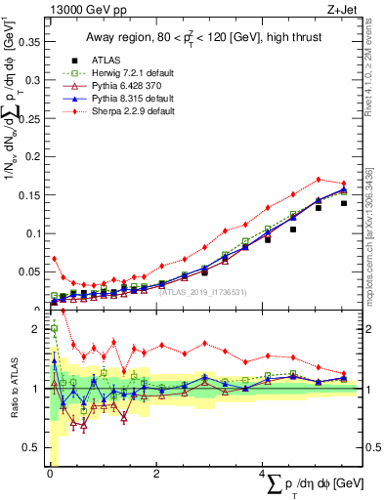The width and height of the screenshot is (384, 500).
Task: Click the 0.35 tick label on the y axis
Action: pyautogui.click(x=29, y=42)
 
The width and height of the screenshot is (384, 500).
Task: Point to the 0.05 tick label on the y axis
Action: pyautogui.click(x=29, y=271)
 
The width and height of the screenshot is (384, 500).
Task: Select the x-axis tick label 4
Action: pyautogui.click(x=263, y=474)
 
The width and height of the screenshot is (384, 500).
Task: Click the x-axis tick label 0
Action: pyautogui.click(x=50, y=474)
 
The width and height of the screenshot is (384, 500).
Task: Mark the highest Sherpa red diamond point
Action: pyautogui.click(x=319, y=180)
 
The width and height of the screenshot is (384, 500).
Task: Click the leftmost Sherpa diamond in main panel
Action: pyautogui.click(x=55, y=259)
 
